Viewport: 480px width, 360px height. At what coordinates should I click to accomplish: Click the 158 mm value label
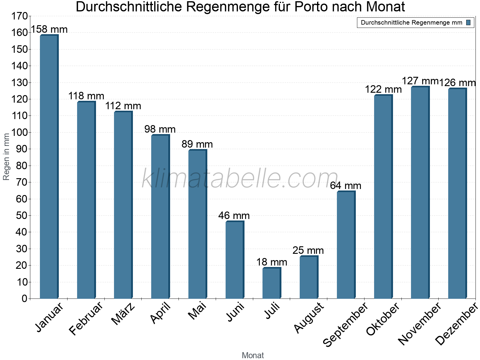coord(49,29)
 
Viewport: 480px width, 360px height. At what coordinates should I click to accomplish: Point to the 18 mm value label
coord(271,262)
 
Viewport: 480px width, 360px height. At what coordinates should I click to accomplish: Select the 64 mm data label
coord(346,186)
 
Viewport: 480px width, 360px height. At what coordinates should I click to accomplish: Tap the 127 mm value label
coord(420,81)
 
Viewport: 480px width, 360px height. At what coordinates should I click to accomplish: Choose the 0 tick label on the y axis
coord(24,298)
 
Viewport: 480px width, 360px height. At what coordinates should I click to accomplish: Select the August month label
coord(309,318)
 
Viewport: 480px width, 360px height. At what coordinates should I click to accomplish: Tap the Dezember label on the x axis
coord(456,324)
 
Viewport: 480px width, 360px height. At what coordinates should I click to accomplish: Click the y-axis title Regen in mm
coord(6,157)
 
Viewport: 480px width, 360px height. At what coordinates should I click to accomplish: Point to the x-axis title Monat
coord(253,355)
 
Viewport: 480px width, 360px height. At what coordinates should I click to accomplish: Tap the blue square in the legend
coord(468,22)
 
